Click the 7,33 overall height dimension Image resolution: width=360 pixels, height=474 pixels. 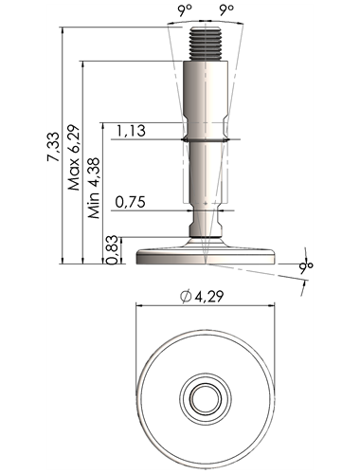(53, 147)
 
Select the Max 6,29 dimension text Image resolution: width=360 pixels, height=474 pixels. (74, 157)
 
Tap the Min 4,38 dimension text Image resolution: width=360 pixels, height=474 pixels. (94, 188)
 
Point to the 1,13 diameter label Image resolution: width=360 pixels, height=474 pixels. (131, 131)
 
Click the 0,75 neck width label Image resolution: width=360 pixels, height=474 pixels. (130, 202)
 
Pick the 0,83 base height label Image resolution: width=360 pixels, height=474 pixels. (113, 250)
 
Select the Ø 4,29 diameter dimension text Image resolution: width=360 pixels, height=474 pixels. (202, 297)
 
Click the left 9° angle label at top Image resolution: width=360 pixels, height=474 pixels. (185, 10)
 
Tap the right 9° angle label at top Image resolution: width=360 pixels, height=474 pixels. (226, 10)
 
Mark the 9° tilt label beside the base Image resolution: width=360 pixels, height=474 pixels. (306, 266)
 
